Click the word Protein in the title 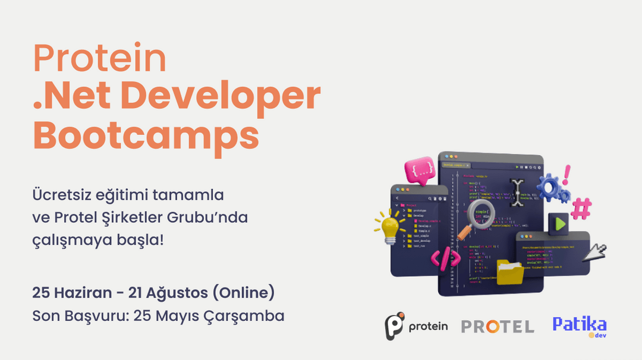pos(100,59)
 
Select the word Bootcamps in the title pos(146,135)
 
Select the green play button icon pos(559,225)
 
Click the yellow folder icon pos(509,271)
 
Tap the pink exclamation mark pos(567,175)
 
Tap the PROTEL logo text pos(498,326)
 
